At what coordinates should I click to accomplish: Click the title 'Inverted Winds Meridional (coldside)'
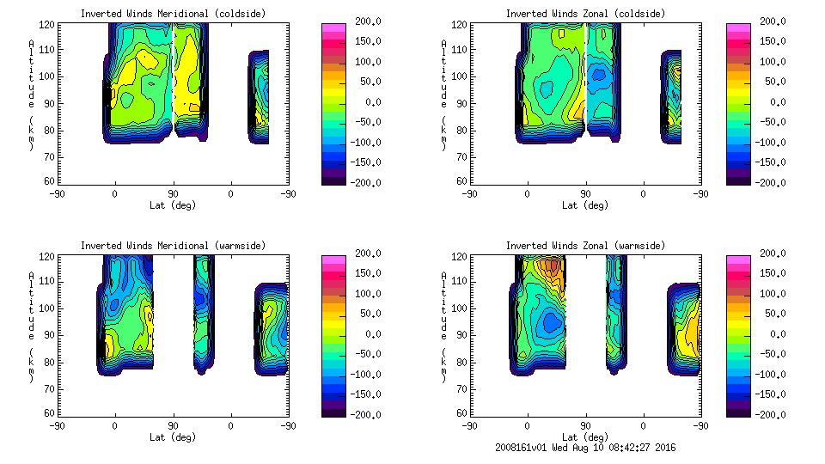(x=173, y=14)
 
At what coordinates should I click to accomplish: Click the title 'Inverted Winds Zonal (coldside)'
(x=585, y=14)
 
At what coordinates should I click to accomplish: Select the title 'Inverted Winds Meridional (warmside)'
(x=173, y=246)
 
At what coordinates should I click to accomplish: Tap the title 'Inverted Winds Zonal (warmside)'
(x=585, y=246)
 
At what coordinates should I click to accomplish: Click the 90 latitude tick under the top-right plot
(x=585, y=192)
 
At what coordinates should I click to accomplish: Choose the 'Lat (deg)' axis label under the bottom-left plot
(x=173, y=437)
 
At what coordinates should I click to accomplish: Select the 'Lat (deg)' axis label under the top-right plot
(x=585, y=205)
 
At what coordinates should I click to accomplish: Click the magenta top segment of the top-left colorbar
(x=333, y=27)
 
